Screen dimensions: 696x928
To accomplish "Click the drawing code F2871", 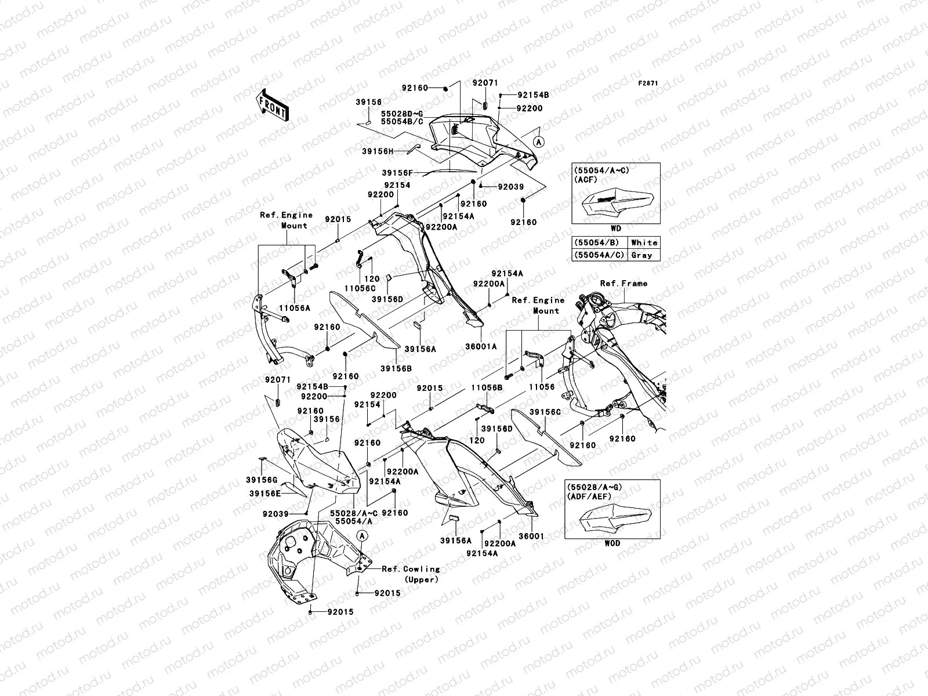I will [648, 84].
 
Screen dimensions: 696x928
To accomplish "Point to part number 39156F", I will [397, 173].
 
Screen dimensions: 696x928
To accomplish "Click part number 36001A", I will [481, 346].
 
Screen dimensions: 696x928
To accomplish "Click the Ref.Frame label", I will [623, 284].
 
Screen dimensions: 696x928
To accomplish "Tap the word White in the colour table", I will [644, 242].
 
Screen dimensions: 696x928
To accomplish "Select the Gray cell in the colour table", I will [641, 255].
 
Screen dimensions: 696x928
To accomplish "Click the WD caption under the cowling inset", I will [616, 229].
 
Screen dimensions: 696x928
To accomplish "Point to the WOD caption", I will [612, 543].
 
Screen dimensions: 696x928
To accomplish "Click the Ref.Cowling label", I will [411, 569].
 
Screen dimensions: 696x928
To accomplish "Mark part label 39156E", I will [265, 493].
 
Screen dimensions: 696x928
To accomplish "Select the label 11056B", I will [486, 387].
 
